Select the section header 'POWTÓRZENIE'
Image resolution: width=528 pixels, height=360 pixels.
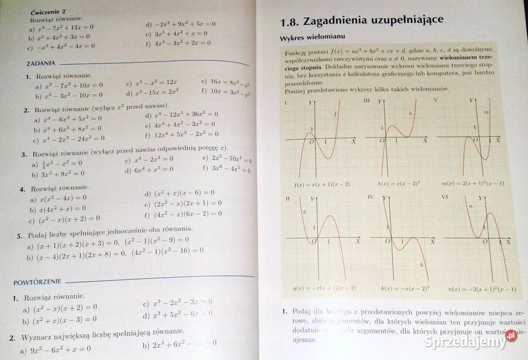click(37, 282)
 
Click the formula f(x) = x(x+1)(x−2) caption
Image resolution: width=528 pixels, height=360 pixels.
click(314, 183)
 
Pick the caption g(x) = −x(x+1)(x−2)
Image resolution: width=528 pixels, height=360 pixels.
click(317, 288)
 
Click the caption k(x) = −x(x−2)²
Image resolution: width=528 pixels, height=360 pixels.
click(398, 288)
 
